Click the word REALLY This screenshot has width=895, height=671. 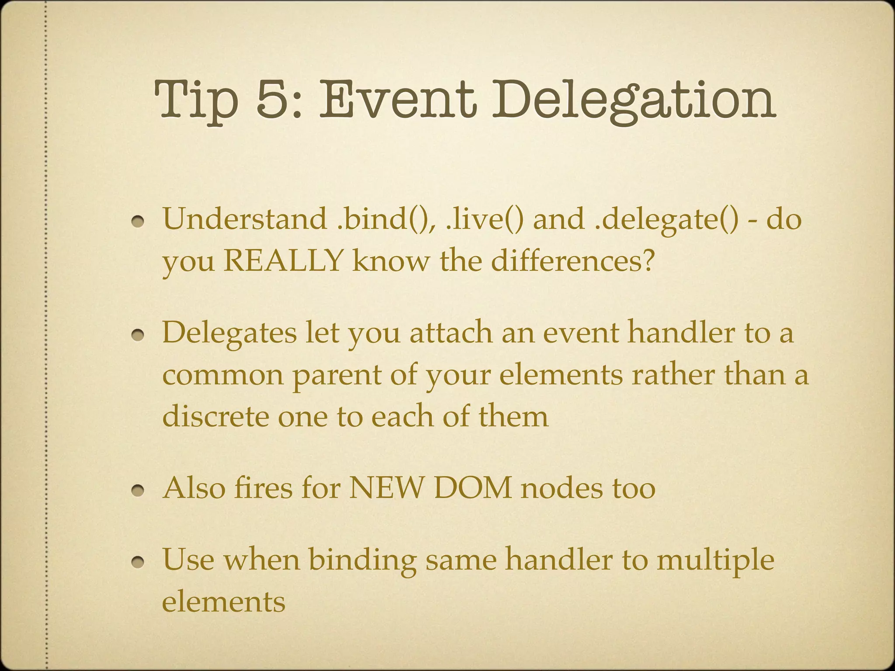(283, 261)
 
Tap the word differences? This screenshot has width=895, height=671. (572, 261)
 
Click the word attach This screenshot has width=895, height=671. (450, 332)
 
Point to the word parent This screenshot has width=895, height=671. (336, 375)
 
